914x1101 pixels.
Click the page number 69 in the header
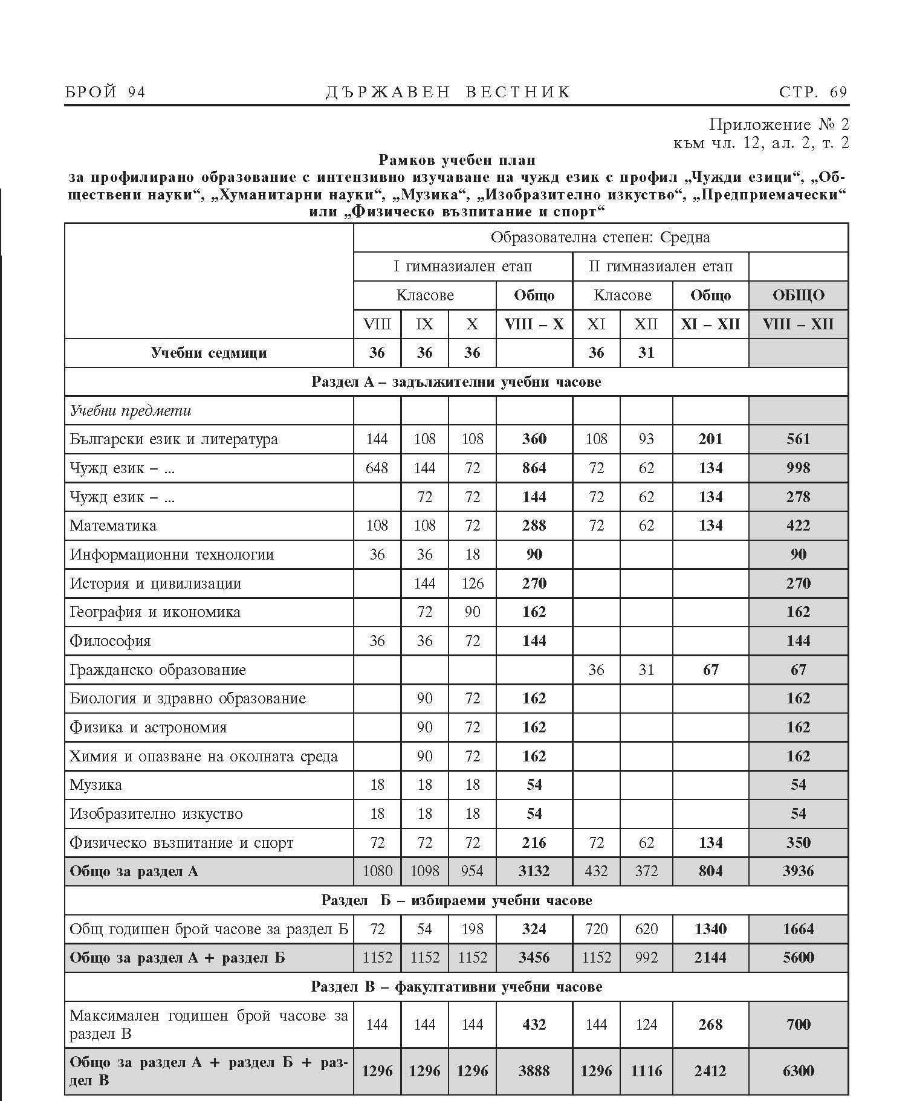[x=838, y=92]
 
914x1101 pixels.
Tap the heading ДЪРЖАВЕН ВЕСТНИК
[x=448, y=92]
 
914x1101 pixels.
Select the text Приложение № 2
[x=779, y=125]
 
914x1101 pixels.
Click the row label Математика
[x=113, y=526]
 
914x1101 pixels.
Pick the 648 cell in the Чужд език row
[x=377, y=468]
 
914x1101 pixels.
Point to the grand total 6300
[x=798, y=1071]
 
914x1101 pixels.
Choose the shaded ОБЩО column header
[x=798, y=295]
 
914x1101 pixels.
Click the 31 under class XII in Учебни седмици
[x=646, y=353]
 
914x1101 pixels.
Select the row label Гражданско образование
[x=158, y=670]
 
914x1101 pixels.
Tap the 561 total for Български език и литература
[x=798, y=439]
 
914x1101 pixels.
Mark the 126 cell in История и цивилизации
[x=472, y=584]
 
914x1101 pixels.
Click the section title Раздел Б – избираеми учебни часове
[x=456, y=900]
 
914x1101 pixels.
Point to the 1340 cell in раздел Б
[x=710, y=929]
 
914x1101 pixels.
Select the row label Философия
[x=110, y=641]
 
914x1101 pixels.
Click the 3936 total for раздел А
[x=798, y=871]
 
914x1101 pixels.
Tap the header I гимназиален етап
[x=462, y=266]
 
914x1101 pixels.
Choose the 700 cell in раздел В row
[x=798, y=1024]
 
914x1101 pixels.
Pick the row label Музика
[x=96, y=786]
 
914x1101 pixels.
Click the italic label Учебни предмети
[x=131, y=411]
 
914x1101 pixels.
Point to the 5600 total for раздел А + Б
[x=798, y=958]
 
